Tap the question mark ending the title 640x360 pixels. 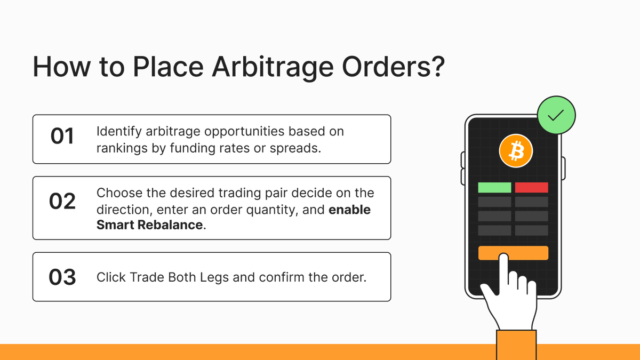pyautogui.click(x=435, y=68)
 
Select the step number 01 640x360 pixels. pyautogui.click(x=62, y=137)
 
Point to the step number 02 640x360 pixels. pyautogui.click(x=62, y=202)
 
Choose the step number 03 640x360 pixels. pyautogui.click(x=62, y=277)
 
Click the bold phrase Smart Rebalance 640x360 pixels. pyautogui.click(x=149, y=225)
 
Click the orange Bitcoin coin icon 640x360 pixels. pyautogui.click(x=516, y=150)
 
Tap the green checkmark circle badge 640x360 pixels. pyautogui.click(x=556, y=116)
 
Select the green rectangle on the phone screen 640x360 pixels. pyautogui.click(x=494, y=188)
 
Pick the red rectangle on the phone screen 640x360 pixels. pyautogui.click(x=532, y=188)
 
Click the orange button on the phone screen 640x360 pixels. pyautogui.click(x=513, y=253)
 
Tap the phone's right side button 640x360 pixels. pyautogui.click(x=564, y=168)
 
